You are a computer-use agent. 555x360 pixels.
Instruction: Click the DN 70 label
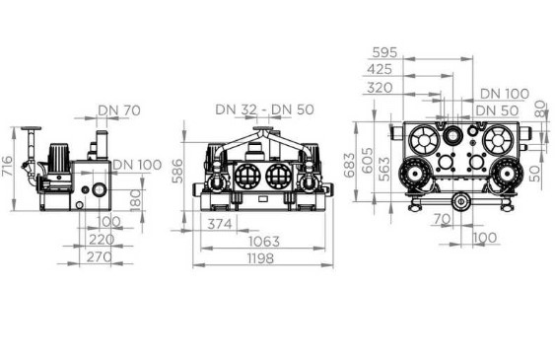119,110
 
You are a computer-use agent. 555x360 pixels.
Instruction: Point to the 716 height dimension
7,166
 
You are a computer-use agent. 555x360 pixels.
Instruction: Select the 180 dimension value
136,200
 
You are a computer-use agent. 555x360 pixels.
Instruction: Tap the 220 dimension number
102,240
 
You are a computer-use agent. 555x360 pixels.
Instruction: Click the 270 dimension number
100,257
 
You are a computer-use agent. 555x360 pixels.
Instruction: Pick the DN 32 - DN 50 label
265,109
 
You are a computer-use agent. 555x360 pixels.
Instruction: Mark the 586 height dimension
177,171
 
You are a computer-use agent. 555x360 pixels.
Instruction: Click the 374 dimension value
220,224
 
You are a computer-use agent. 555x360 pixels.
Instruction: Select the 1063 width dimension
264,242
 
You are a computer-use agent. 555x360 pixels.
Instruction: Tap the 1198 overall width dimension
260,258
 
